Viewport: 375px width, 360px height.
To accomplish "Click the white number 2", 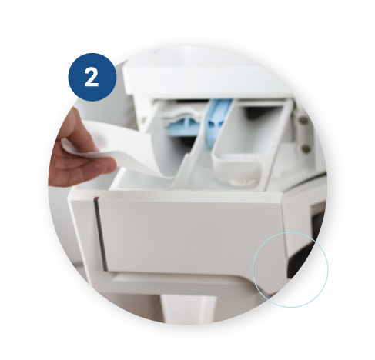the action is pyautogui.click(x=92, y=77).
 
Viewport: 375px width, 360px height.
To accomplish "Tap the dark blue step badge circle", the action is pyautogui.click(x=92, y=77).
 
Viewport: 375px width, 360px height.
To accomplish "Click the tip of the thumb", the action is pyautogui.click(x=110, y=164).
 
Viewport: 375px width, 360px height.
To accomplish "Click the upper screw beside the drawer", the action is pyautogui.click(x=303, y=119).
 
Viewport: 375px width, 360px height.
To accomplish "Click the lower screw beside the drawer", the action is pyautogui.click(x=305, y=148).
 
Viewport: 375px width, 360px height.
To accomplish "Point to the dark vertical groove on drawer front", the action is pyautogui.click(x=101, y=234).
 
